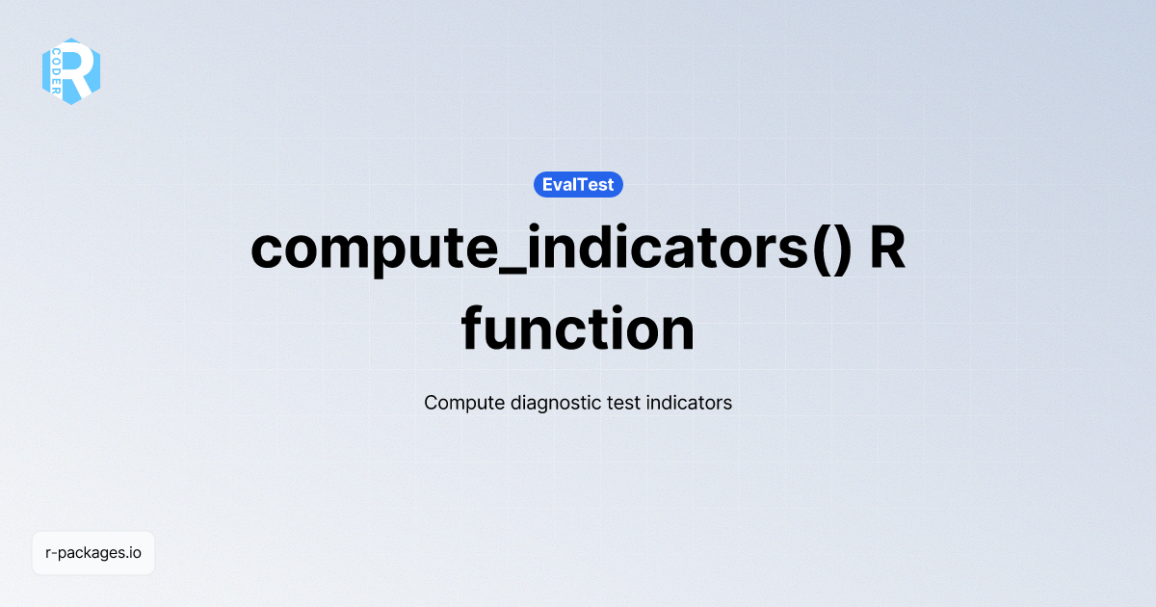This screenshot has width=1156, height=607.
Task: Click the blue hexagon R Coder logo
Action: point(70,71)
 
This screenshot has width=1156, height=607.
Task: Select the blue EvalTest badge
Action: point(578,184)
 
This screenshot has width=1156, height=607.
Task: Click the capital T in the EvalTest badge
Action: point(589,184)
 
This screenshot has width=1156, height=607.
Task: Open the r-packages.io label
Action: point(93,553)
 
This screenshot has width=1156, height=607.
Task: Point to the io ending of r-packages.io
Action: point(135,553)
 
